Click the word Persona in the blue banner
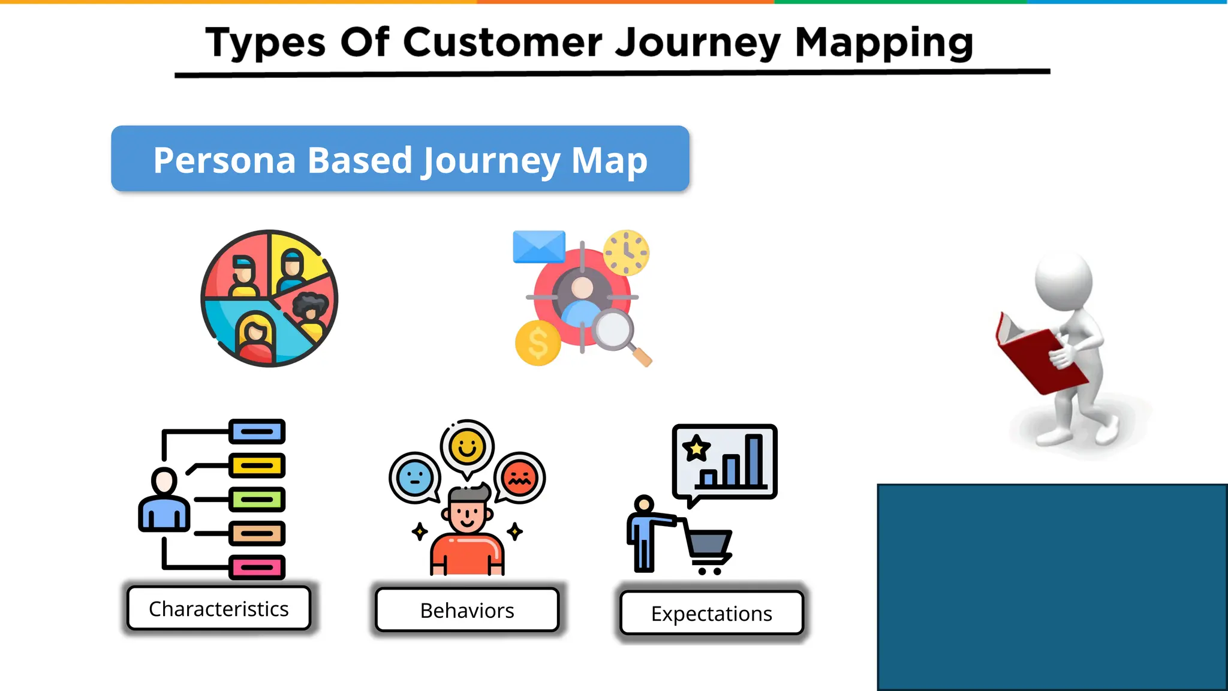pyautogui.click(x=224, y=161)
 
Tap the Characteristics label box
pyautogui.click(x=219, y=609)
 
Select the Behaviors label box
pyautogui.click(x=467, y=611)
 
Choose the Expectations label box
pyautogui.click(x=712, y=614)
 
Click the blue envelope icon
pyautogui.click(x=538, y=247)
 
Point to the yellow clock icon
pyautogui.click(x=626, y=253)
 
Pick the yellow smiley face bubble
pyautogui.click(x=467, y=447)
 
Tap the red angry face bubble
pyautogui.click(x=519, y=478)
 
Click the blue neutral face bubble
pyautogui.click(x=414, y=478)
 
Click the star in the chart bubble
pyautogui.click(x=696, y=448)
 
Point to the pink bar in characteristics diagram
pyautogui.click(x=257, y=567)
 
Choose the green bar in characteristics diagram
pyautogui.click(x=257, y=499)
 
